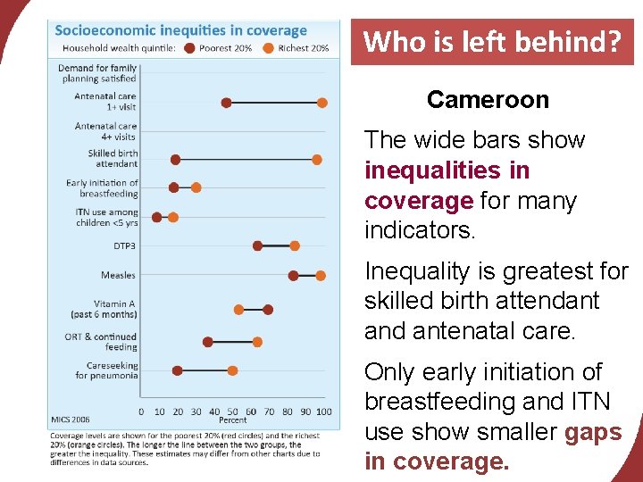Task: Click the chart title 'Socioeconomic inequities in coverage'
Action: coord(181,31)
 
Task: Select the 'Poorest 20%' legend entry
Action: coord(222,47)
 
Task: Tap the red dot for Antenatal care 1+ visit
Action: coord(226,103)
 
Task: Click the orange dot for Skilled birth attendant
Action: coord(316,159)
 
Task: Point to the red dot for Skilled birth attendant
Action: coord(175,159)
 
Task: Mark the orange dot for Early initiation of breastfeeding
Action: coord(196,187)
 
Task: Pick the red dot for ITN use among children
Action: coord(157,217)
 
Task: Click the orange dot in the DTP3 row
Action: coord(295,245)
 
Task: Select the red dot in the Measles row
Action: coord(293,275)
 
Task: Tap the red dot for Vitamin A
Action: coord(268,309)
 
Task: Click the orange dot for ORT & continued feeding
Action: coord(257,342)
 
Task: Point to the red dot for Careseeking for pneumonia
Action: coord(177,370)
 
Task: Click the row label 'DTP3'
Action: coord(125,245)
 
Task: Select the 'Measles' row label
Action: coord(119,275)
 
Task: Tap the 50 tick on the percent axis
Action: coord(232,411)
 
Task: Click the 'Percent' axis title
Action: coord(233,420)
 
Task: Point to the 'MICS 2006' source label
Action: coord(70,418)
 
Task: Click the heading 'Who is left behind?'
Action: coord(492,42)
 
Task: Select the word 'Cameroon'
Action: coord(488,99)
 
